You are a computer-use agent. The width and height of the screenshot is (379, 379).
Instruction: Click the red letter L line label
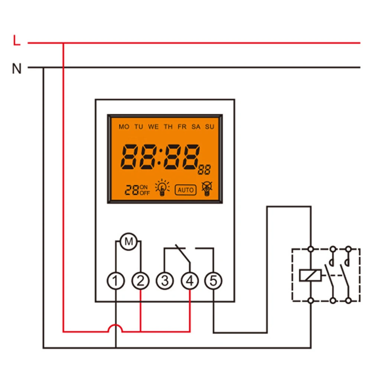tap(16, 41)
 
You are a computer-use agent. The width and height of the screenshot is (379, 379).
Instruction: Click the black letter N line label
tap(17, 69)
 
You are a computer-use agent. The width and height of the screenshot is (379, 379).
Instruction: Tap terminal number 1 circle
tap(117, 281)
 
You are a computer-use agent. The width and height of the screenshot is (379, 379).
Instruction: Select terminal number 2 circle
tap(140, 281)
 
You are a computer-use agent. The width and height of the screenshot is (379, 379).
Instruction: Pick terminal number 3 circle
tap(165, 281)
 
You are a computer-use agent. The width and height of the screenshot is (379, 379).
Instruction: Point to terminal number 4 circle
tap(189, 281)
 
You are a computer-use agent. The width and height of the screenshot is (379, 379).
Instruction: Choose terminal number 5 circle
tap(213, 281)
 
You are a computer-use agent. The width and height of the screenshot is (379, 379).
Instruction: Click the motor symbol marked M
tap(129, 242)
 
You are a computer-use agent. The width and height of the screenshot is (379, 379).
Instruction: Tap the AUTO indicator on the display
tap(185, 190)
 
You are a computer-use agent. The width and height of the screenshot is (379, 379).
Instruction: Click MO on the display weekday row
tap(124, 127)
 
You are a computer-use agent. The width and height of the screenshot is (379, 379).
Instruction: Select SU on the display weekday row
tap(210, 127)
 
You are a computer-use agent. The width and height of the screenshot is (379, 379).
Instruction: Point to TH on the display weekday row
tap(168, 127)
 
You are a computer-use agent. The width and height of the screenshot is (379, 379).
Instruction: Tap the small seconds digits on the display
tap(204, 171)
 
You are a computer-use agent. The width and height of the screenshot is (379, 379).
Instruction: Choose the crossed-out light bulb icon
tap(206, 188)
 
